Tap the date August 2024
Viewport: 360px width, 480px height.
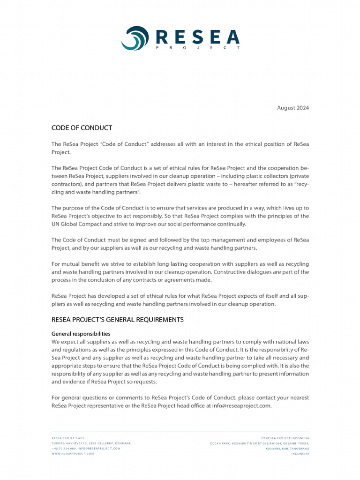(x=293, y=108)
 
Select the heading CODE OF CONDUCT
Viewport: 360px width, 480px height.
(x=82, y=127)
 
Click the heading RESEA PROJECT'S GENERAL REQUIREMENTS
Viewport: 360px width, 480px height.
(x=117, y=320)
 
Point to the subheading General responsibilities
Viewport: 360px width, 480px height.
(x=81, y=334)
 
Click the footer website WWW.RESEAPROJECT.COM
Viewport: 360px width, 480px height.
(x=73, y=454)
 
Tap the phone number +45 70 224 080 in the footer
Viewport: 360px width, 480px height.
(x=64, y=448)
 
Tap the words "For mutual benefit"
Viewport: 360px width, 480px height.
(x=74, y=264)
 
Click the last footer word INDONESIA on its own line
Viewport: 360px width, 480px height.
(x=300, y=454)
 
